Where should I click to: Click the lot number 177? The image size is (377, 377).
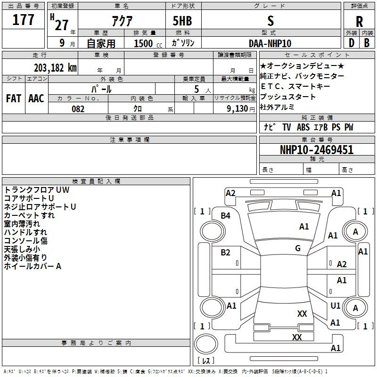coord(24,21)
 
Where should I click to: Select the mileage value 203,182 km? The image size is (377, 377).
coord(55,67)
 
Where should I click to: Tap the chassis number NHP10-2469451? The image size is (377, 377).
coord(317,150)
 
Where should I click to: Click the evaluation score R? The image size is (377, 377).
coord(359,21)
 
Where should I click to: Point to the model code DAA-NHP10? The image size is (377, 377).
coord(270,43)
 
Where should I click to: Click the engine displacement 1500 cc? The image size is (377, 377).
coord(147,43)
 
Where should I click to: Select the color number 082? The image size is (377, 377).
coord(78,109)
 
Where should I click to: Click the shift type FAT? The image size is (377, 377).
coord(14,98)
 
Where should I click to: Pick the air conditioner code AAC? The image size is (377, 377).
coord(36,98)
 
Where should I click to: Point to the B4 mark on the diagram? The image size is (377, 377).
coord(226,216)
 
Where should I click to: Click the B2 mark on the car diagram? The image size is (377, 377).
coord(226,253)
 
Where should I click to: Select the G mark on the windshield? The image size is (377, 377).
coord(298,248)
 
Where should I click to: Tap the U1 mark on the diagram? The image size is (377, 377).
coord(336,306)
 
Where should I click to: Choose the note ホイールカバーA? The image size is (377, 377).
coord(33,266)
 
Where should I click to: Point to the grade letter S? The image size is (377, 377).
coord(270,21)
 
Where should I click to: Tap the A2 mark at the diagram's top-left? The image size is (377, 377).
coord(230,193)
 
